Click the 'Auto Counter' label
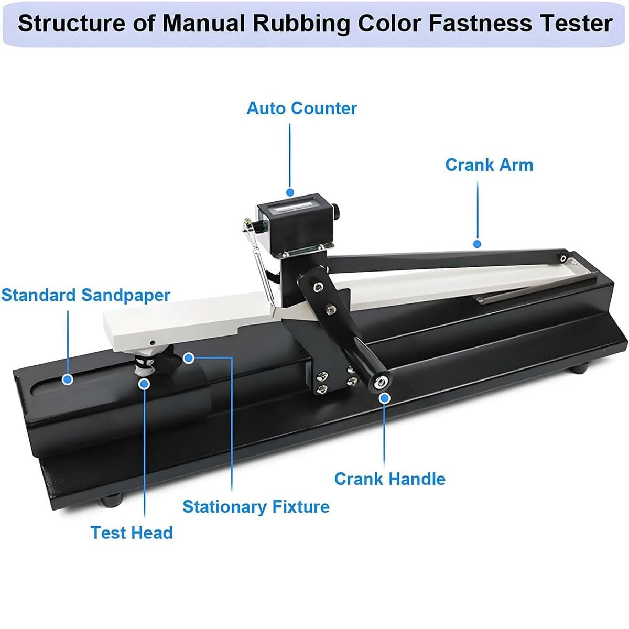click(301, 109)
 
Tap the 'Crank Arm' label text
click(489, 165)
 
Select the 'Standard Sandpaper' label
click(85, 295)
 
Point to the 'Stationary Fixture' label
click(256, 507)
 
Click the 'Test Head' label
click(132, 533)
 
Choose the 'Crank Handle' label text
click(389, 479)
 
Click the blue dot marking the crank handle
click(384, 398)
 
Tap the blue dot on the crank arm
click(476, 244)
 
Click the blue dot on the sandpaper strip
click(67, 379)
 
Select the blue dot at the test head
click(145, 384)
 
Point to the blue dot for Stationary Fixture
click(189, 358)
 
